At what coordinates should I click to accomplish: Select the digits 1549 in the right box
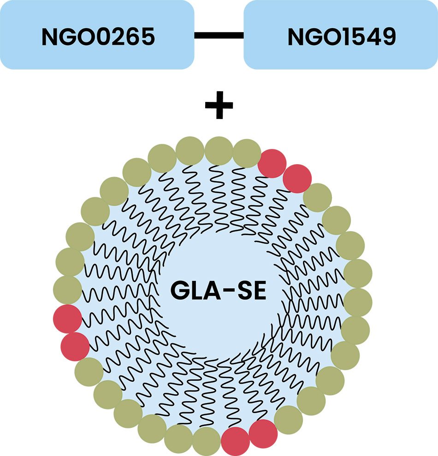click(369, 37)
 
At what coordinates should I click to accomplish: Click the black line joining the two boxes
click(219, 35)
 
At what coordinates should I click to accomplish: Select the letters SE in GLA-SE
click(251, 290)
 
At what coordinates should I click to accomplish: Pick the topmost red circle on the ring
click(272, 163)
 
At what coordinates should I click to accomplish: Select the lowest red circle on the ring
click(236, 441)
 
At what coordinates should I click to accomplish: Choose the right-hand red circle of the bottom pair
click(263, 433)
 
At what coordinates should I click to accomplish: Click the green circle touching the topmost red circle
click(247, 154)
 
